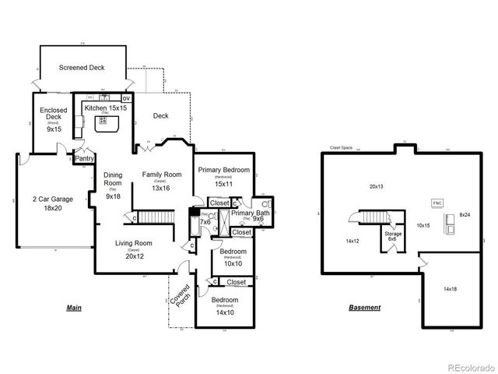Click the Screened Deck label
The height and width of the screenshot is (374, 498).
click(81, 68)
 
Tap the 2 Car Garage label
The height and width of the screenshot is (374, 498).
click(52, 199)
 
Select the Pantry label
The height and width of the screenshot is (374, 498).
click(84, 159)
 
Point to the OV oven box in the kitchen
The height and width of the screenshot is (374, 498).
click(126, 98)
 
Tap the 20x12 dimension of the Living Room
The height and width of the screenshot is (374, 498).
click(134, 256)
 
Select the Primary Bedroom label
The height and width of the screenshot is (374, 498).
click(223, 170)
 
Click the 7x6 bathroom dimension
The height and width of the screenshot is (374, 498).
click(205, 222)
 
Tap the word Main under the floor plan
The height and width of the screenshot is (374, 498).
click(74, 308)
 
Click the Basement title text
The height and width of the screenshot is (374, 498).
click(364, 308)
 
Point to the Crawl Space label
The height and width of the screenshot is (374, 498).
click(343, 146)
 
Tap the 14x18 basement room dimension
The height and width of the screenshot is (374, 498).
click(451, 288)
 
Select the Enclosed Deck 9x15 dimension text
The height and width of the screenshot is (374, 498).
click(53, 129)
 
